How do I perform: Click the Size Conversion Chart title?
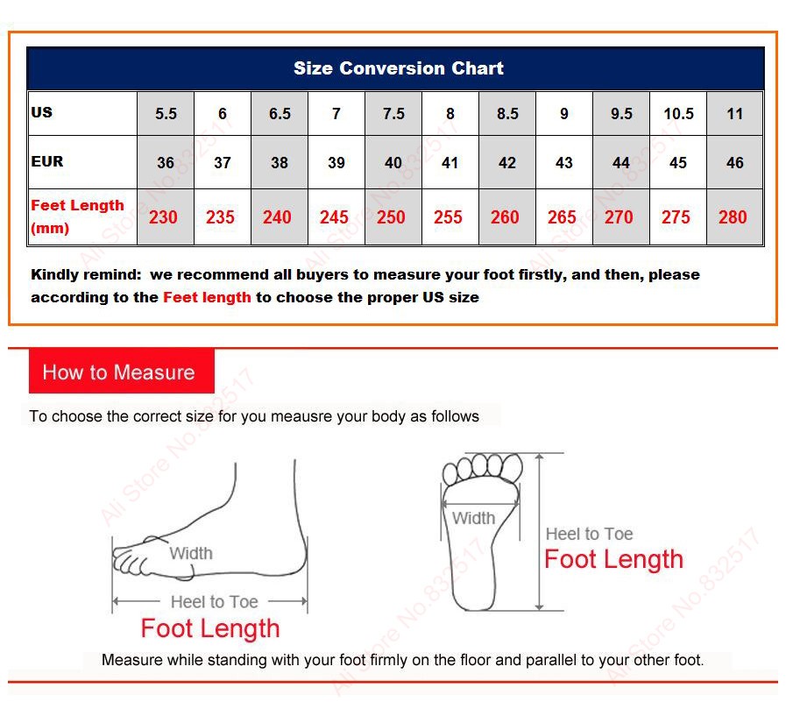click(399, 68)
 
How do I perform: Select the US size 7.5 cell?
click(393, 114)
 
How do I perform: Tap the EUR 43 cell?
click(564, 162)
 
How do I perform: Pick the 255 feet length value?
click(448, 217)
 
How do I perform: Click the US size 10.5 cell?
click(678, 114)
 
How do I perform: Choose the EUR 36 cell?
click(166, 162)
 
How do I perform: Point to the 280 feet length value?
click(733, 217)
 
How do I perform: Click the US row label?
click(41, 112)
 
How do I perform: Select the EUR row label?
click(47, 161)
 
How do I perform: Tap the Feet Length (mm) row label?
click(77, 216)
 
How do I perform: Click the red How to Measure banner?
click(121, 371)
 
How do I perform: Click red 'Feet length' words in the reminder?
click(207, 297)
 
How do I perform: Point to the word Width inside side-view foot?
click(191, 553)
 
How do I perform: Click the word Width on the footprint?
click(474, 518)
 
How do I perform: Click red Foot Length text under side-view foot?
click(210, 628)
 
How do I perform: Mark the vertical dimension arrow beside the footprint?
click(540, 532)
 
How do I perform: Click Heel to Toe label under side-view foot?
click(215, 602)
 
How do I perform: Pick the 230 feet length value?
click(163, 217)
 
